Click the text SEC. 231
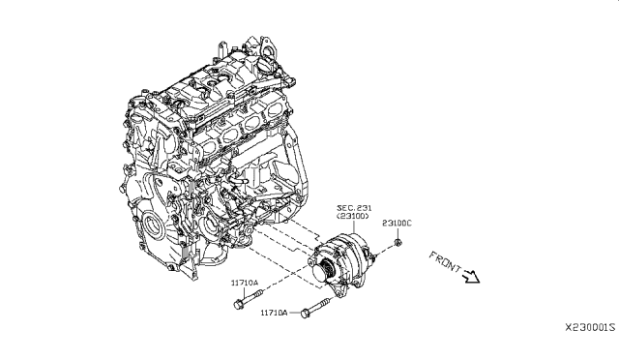354,208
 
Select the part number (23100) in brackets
352,216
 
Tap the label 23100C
397,224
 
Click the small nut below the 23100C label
398,243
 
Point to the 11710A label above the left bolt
245,283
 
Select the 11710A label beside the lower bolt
274,313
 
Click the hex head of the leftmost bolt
239,305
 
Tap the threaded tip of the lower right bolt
329,300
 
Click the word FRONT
445,261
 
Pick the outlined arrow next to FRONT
472,276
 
